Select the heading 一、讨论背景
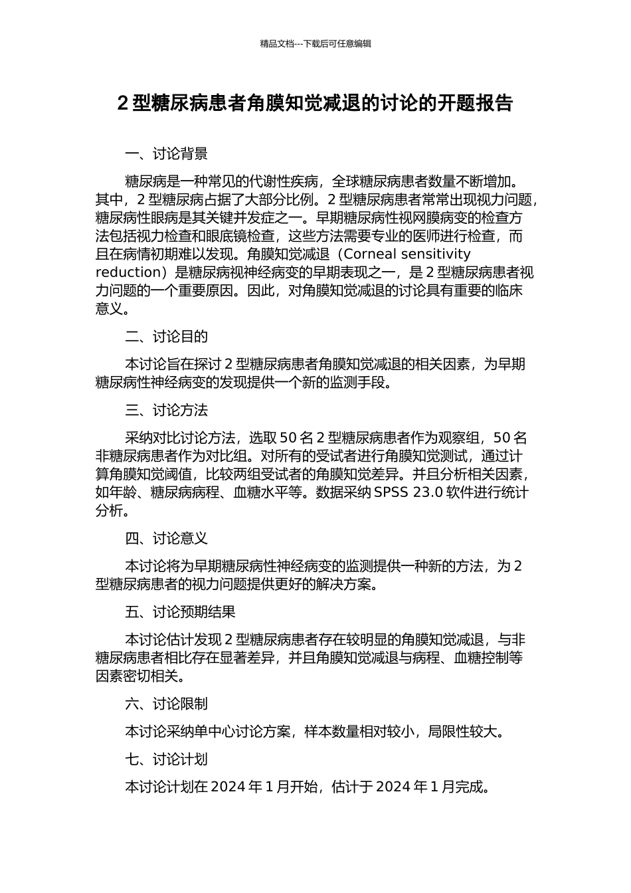click(166, 154)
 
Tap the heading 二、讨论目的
click(166, 337)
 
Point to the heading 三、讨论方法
click(166, 411)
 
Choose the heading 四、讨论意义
click(166, 539)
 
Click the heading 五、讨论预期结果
click(180, 612)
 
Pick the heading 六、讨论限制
click(166, 704)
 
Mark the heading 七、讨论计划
click(166, 759)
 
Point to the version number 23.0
click(428, 493)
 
